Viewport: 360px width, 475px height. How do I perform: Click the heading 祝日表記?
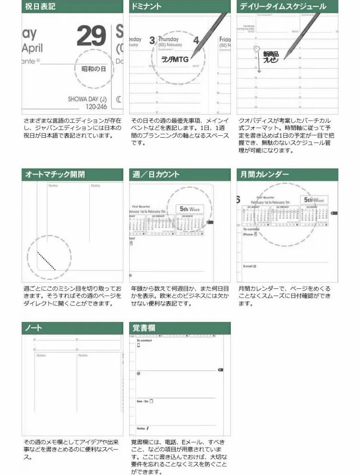40,7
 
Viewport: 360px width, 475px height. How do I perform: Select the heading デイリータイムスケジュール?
283,7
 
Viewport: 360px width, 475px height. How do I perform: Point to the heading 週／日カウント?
156,175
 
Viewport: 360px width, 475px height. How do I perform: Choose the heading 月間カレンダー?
265,175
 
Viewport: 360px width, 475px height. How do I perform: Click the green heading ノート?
34,328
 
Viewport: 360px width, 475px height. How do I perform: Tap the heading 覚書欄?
144,328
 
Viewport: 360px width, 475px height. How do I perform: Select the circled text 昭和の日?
94,69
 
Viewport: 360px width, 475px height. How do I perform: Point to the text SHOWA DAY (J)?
87,99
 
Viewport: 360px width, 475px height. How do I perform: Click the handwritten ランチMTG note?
175,59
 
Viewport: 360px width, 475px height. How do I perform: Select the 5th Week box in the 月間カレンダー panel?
314,200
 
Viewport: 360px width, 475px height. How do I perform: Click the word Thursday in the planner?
168,39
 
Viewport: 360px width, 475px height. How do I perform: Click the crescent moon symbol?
119,99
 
